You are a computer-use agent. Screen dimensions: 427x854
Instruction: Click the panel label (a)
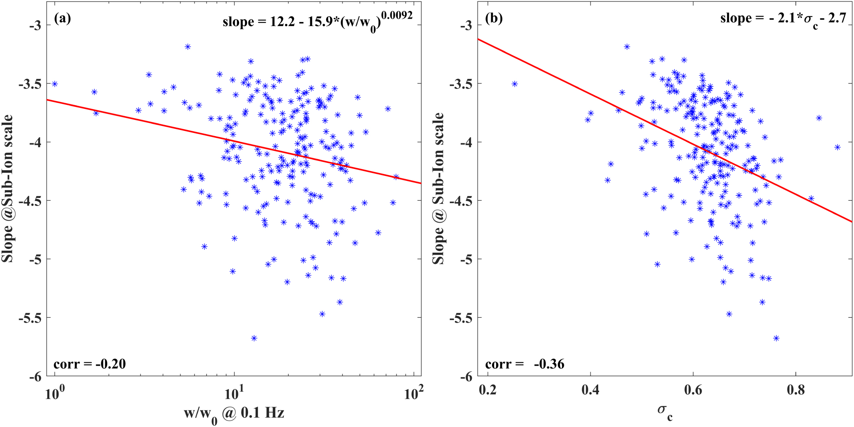click(62, 18)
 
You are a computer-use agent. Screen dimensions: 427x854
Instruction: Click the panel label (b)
click(494, 18)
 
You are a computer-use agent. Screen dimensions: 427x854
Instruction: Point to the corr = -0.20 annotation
click(89, 364)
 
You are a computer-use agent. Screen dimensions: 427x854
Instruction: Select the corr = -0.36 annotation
click(525, 364)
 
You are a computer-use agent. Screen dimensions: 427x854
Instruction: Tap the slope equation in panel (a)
click(317, 20)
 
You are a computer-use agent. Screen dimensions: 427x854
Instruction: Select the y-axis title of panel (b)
click(438, 189)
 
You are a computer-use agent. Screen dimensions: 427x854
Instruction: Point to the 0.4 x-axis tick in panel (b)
click(590, 390)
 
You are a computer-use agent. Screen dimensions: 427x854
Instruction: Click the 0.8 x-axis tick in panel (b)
click(795, 390)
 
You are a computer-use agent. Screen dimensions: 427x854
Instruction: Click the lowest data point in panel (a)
click(254, 338)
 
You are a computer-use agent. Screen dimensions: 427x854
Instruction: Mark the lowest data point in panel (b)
click(776, 338)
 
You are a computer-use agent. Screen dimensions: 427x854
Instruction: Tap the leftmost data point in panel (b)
click(514, 84)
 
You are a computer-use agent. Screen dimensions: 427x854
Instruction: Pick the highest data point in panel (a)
click(188, 47)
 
